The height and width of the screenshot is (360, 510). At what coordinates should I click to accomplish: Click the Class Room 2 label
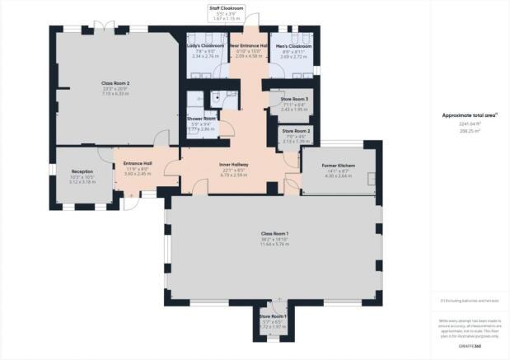pos(116,83)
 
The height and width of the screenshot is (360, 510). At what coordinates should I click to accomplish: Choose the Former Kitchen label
pos(339,166)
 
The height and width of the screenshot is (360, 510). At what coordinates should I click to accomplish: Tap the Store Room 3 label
pos(294,100)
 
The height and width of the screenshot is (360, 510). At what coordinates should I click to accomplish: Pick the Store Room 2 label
pos(297,131)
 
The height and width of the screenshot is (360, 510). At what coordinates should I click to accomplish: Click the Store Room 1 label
pos(273,316)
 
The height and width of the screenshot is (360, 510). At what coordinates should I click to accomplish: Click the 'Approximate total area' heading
pos(470,115)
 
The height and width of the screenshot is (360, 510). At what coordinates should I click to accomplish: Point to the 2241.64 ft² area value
pos(470,124)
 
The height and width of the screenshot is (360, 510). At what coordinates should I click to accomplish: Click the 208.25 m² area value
pos(470,130)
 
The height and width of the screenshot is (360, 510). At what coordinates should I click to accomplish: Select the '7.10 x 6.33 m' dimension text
pos(116,93)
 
